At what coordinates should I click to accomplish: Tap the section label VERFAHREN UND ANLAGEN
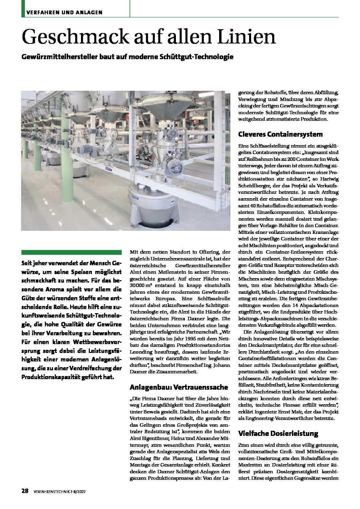tap(62, 13)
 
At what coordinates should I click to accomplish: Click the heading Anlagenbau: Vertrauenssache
tap(179, 387)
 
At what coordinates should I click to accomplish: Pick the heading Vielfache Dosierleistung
tap(278, 434)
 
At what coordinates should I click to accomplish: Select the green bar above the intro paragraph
tap(71, 252)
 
